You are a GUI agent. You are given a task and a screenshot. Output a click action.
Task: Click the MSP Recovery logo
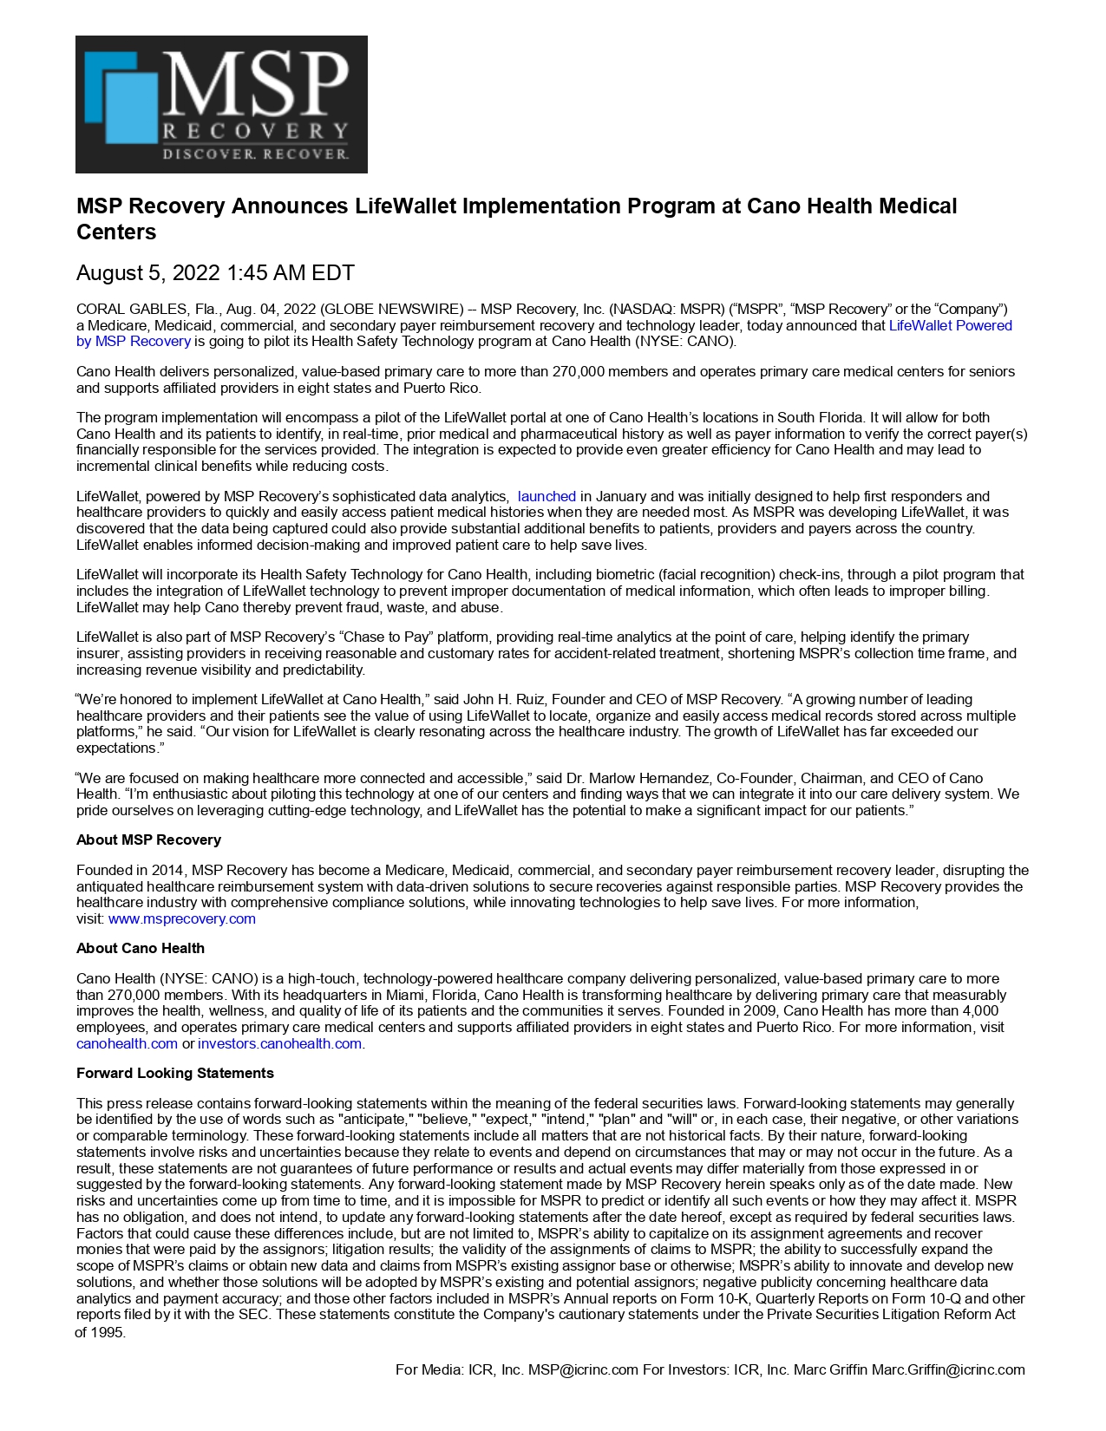coord(221,104)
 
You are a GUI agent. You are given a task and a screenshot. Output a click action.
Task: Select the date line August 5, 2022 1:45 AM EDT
coord(215,273)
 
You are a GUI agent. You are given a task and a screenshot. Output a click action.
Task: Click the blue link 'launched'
coord(546,496)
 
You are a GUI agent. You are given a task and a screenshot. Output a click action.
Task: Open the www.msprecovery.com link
coord(182,918)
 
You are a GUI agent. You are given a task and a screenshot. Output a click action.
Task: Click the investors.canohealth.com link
coord(279,1043)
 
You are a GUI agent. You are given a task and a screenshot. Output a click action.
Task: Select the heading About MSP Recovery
coord(148,840)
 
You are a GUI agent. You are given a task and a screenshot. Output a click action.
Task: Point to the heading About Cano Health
coord(141,948)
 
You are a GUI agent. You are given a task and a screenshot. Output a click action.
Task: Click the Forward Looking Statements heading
coord(175,1073)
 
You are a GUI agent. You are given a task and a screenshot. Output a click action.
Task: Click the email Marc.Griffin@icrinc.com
coord(948,1369)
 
